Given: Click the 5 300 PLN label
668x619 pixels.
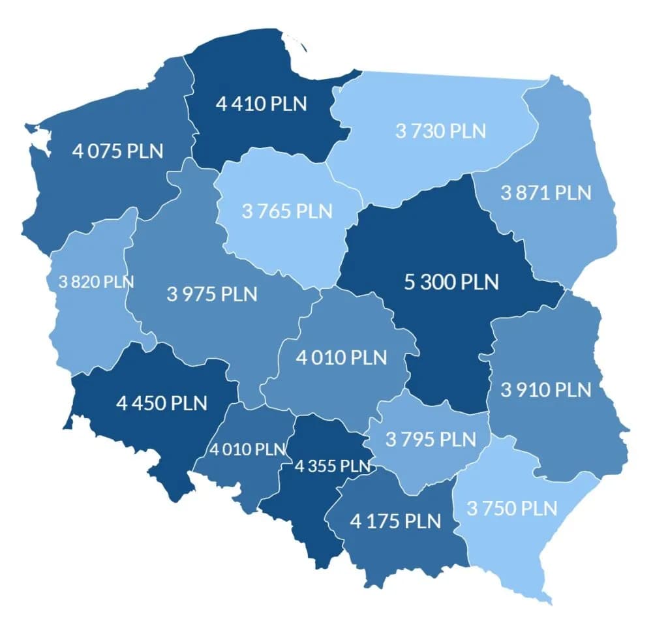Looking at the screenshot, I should point(451,282).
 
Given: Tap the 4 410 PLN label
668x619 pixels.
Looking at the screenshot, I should point(261,104).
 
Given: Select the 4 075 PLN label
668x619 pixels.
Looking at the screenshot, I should point(118,151).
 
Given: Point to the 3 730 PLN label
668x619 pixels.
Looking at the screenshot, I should point(441,130).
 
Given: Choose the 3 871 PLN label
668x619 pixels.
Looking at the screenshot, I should point(546,192).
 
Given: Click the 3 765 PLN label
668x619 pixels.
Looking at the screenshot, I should point(287,211).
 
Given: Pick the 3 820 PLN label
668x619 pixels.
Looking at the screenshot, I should point(96,282).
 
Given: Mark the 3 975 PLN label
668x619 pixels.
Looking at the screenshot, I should point(212,294).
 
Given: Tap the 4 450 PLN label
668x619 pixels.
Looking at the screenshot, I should point(162,402).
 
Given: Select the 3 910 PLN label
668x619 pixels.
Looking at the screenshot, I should point(546,390).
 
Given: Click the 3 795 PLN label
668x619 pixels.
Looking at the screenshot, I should point(431,439).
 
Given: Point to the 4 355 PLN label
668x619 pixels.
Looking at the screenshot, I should point(333,466).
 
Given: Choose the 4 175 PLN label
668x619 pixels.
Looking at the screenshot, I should point(395,521).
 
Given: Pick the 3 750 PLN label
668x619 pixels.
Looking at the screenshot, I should point(512,508).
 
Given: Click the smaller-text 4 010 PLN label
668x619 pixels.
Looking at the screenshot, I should point(248,449).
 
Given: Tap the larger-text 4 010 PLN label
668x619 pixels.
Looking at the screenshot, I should point(341,357).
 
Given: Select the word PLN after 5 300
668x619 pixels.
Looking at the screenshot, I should point(480,282).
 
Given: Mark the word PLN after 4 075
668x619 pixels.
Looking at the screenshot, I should point(145,151).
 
